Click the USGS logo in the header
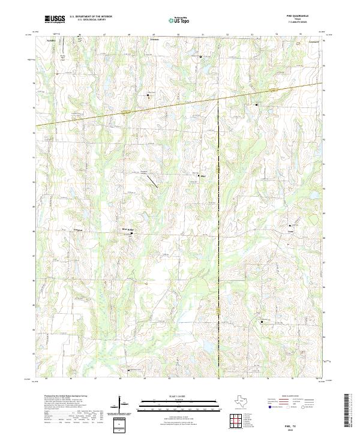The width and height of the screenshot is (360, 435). [x=55, y=19]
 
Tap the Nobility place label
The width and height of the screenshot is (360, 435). [x=51, y=40]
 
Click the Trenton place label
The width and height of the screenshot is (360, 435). [x=154, y=40]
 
